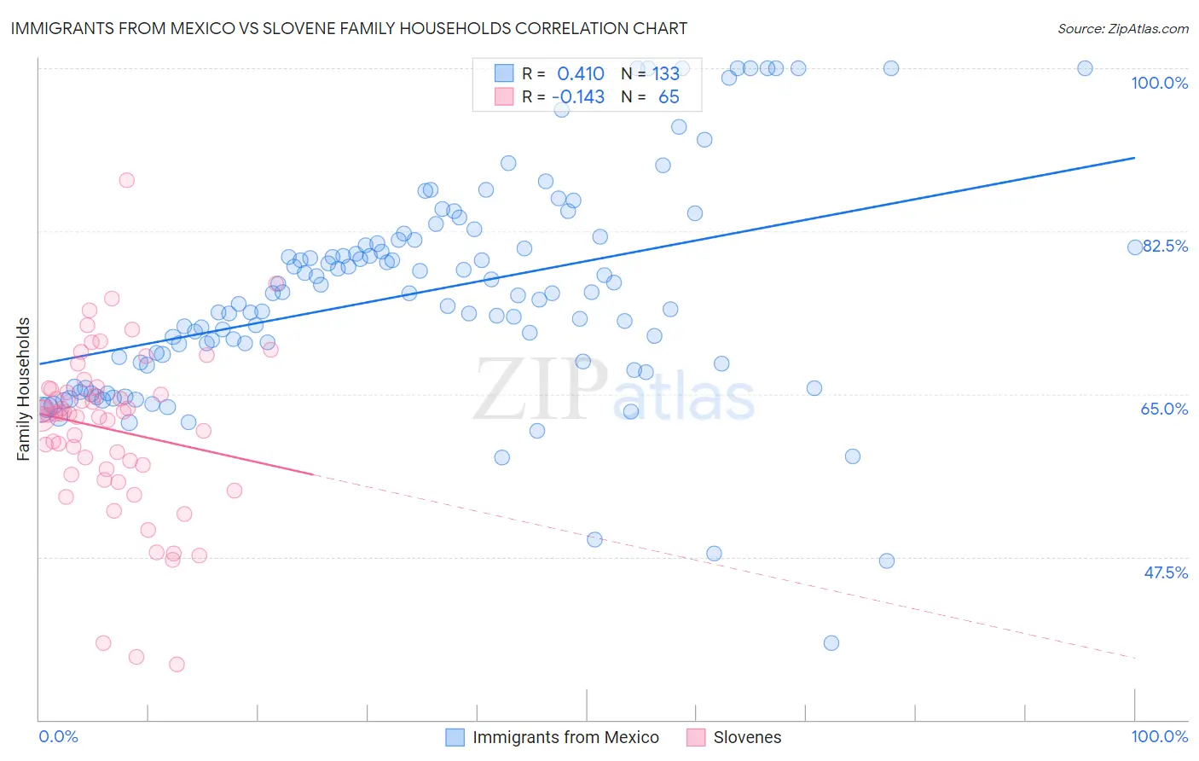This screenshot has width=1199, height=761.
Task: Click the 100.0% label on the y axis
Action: [x=1159, y=83]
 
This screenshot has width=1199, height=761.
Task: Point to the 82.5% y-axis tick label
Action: [x=1165, y=246]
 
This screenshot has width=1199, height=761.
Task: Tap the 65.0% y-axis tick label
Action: [x=1164, y=409]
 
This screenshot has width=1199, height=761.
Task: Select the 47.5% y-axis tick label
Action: [x=1165, y=572]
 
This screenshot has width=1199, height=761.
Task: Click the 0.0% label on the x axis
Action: [x=58, y=736]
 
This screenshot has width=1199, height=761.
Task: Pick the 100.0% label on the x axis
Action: [x=1159, y=736]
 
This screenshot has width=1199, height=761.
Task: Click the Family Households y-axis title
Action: [x=24, y=389]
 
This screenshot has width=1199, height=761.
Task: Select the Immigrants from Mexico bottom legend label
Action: [x=565, y=737]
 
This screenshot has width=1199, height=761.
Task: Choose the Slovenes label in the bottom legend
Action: [x=747, y=737]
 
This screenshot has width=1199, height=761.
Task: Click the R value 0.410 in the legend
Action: [x=580, y=73]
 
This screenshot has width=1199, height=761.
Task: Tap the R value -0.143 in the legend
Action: [x=578, y=97]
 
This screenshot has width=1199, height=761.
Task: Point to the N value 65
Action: [x=669, y=97]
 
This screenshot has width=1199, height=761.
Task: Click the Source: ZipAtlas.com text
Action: [x=1122, y=28]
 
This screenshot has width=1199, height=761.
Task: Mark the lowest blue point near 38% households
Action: [x=831, y=642]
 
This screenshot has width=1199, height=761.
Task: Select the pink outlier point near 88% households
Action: [x=126, y=180]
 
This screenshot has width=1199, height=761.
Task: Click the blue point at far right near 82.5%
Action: [x=1135, y=247]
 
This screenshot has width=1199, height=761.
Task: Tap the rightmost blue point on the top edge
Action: [x=1085, y=68]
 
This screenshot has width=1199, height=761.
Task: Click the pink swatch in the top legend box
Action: [x=504, y=97]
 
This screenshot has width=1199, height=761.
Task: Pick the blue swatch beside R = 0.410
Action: [x=504, y=73]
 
